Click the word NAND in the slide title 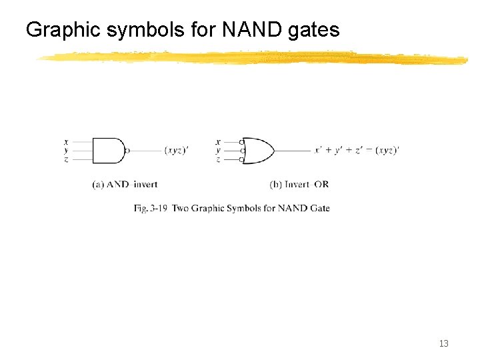point(260,30)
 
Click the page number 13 point(443,344)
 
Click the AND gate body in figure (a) point(107,151)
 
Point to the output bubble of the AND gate point(127,151)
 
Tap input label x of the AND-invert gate point(65,141)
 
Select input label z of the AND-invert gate point(65,159)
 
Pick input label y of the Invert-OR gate point(218,151)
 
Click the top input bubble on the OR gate point(243,142)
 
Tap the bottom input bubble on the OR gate point(243,159)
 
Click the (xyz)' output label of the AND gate point(176,151)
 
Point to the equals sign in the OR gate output point(369,151)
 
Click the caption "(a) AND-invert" point(125,184)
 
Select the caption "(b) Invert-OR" point(299,184)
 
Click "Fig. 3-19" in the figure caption point(150,208)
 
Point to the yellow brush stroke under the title point(253,59)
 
